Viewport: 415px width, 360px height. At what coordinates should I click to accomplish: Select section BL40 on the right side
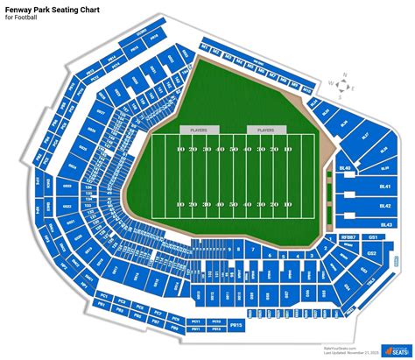pos(345,167)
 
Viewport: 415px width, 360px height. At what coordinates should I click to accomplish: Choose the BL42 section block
pos(384,206)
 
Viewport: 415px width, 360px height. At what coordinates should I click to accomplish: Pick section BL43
pos(384,225)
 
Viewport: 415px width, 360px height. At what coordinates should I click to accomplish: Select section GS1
pos(374,237)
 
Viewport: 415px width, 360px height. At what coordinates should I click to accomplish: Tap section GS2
pos(371,254)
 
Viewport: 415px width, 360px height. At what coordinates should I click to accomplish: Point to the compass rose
pos(344,86)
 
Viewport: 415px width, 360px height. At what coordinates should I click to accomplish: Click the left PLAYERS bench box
pos(194,130)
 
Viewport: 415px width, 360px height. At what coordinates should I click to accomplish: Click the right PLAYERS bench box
pos(261,130)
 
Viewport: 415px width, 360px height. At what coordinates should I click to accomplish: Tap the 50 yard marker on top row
pos(234,151)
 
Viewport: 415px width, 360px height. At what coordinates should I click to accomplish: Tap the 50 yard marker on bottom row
pos(234,203)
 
